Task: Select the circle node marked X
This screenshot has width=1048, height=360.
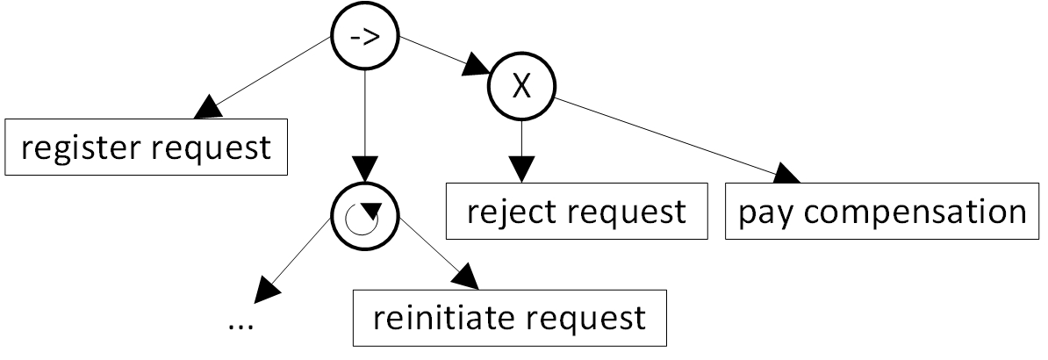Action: [521, 89]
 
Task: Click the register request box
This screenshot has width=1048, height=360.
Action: [147, 147]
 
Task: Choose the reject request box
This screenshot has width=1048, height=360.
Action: [576, 212]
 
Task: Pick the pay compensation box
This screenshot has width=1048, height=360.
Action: [881, 212]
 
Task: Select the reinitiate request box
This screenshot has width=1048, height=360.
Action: [509, 317]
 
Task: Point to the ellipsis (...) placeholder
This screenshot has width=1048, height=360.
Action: [240, 324]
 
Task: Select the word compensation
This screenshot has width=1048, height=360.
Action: [914, 212]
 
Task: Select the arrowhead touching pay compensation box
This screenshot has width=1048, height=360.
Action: [787, 175]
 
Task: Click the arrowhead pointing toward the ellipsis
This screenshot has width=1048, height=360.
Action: [264, 288]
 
